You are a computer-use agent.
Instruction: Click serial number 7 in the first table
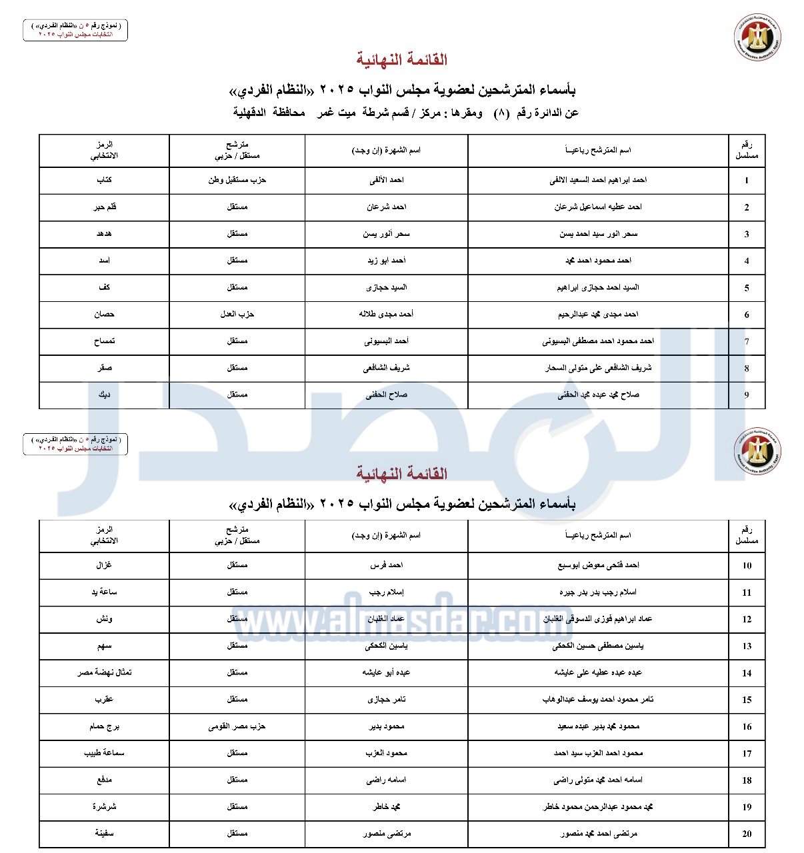coord(747,341)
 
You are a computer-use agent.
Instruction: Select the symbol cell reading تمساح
coord(104,341)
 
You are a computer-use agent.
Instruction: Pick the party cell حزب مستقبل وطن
coord(237,180)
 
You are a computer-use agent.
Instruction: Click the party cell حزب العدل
coord(237,314)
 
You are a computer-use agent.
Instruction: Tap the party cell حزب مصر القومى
coord(237,726)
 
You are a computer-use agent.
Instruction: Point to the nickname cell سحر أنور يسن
coord(386,234)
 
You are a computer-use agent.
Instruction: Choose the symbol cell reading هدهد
coord(104,234)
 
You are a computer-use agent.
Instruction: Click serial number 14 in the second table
coord(747,673)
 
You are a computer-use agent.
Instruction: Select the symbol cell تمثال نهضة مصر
coord(104,672)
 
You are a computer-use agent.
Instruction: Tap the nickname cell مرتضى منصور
coord(386,834)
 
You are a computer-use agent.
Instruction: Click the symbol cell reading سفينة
coord(104,834)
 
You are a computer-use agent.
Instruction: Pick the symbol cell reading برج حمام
coord(104,726)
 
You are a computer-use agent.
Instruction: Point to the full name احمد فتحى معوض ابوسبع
coord(598,565)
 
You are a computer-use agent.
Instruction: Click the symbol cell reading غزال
coord(104,565)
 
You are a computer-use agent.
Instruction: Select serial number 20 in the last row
coord(747,834)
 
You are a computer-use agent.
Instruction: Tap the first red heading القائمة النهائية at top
coord(401,60)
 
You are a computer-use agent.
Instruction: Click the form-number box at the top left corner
coord(75,30)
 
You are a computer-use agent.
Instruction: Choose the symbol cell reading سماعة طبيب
coord(104,753)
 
